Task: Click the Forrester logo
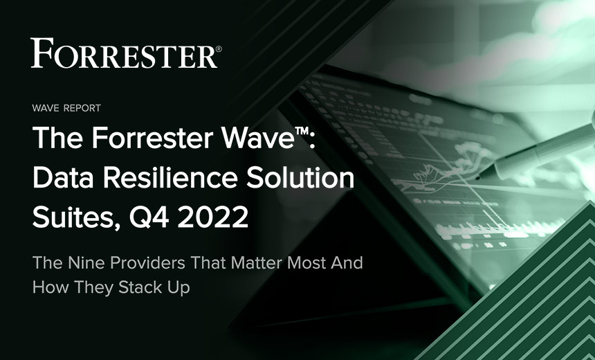[x=126, y=53]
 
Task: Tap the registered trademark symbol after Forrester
[x=219, y=49]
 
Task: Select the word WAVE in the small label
[x=46, y=108]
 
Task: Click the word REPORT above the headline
[x=82, y=108]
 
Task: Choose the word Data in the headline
[x=63, y=178]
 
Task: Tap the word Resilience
[x=170, y=178]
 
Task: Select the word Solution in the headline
[x=300, y=178]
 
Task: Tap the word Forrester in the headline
[x=152, y=138]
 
